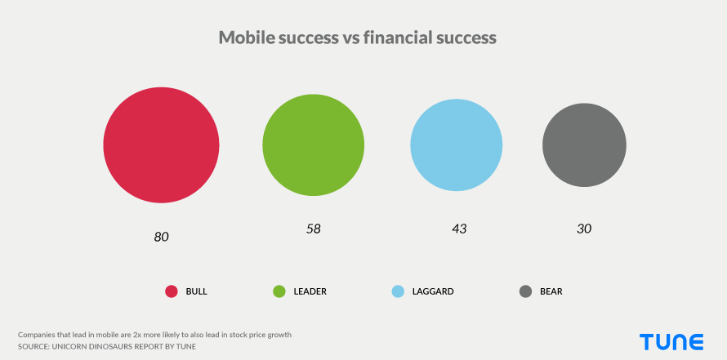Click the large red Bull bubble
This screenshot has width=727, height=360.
tap(161, 145)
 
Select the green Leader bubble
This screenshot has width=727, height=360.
tap(314, 145)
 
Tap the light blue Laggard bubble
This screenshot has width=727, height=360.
tap(457, 145)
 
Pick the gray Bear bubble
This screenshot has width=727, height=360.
tap(584, 145)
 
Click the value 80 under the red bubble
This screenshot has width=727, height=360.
tap(162, 237)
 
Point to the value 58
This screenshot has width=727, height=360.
tap(314, 229)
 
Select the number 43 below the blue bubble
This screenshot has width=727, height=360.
tap(459, 229)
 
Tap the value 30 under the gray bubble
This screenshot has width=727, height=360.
tap(584, 229)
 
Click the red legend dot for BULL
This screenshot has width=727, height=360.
tap(172, 291)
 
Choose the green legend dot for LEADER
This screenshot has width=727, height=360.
tap(279, 291)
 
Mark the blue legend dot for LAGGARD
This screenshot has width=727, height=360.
tap(398, 291)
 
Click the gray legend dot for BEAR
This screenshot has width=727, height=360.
tap(525, 291)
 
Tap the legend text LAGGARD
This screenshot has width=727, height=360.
tap(433, 291)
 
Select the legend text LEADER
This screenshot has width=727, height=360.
tap(310, 291)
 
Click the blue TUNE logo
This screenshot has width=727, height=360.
tap(671, 342)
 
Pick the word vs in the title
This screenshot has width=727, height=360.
tap(351, 38)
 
